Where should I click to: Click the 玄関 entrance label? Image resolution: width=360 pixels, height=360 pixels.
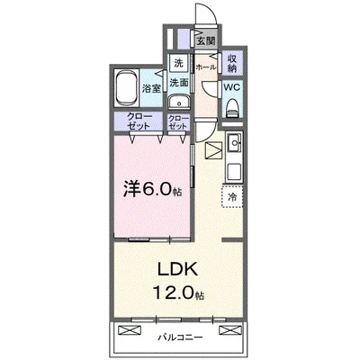(x=206, y=40)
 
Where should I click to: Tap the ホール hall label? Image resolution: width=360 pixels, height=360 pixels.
(x=205, y=66)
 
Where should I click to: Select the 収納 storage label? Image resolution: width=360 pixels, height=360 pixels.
(x=232, y=64)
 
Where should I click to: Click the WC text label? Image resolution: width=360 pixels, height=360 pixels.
(x=230, y=88)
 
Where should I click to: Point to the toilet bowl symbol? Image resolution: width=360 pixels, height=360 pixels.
(x=232, y=108)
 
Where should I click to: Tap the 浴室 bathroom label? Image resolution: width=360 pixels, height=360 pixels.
(x=152, y=88)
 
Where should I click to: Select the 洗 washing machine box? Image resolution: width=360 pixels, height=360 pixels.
(x=178, y=63)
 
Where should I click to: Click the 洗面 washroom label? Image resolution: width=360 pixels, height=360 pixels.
(x=180, y=80)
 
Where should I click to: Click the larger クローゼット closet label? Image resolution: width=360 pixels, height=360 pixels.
(x=138, y=122)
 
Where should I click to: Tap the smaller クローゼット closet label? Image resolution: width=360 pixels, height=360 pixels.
(x=178, y=122)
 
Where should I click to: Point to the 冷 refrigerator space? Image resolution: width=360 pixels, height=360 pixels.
(x=232, y=195)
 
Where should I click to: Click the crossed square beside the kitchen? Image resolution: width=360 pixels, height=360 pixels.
(x=212, y=150)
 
